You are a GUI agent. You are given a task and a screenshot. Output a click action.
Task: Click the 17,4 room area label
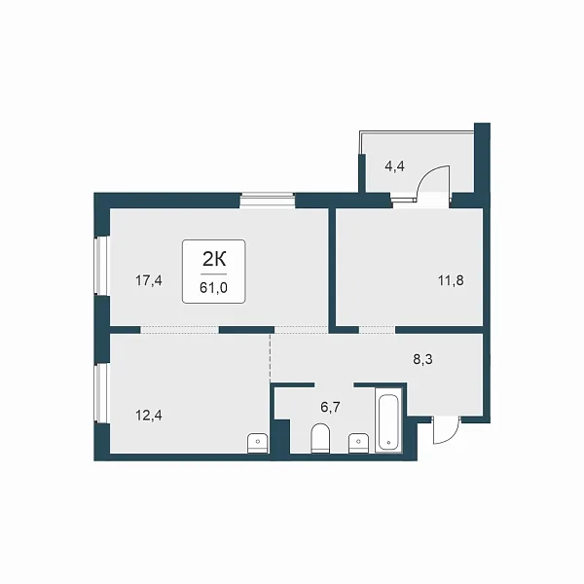pyautogui.click(x=149, y=280)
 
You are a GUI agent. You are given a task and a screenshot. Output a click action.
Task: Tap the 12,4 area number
pyautogui.click(x=149, y=415)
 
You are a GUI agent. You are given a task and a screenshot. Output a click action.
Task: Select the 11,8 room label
pyautogui.click(x=451, y=280)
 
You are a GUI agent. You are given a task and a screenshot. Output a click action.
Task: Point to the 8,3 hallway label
pyautogui.click(x=422, y=360)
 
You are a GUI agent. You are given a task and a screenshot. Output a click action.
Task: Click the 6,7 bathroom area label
pyautogui.click(x=330, y=408)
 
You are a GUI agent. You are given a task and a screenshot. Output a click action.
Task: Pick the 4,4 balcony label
pyautogui.click(x=394, y=166)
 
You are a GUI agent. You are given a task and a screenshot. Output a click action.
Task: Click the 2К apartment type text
pyautogui.click(x=214, y=259)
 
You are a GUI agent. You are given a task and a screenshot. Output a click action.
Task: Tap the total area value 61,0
pyautogui.click(x=214, y=288)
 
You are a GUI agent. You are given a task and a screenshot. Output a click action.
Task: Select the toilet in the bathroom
pyautogui.click(x=320, y=438)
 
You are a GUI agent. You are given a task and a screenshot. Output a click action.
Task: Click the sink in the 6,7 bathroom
pyautogui.click(x=358, y=443)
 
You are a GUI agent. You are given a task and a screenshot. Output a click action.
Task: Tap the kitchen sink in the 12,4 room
pyautogui.click(x=258, y=443)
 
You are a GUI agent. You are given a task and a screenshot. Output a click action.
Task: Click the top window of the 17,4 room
pyautogui.click(x=267, y=200)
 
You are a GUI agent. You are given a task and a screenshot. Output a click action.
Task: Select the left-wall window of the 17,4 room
pyautogui.click(x=100, y=266)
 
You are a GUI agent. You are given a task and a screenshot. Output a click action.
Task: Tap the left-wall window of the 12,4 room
pyautogui.click(x=100, y=393)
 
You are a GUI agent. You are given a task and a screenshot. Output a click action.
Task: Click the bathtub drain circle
pyautogui.click(x=388, y=443)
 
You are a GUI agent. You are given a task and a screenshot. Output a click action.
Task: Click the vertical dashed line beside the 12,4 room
pyautogui.click(x=271, y=358)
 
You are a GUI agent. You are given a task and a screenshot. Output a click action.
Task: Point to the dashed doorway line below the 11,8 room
pyautogui.click(x=377, y=327)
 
